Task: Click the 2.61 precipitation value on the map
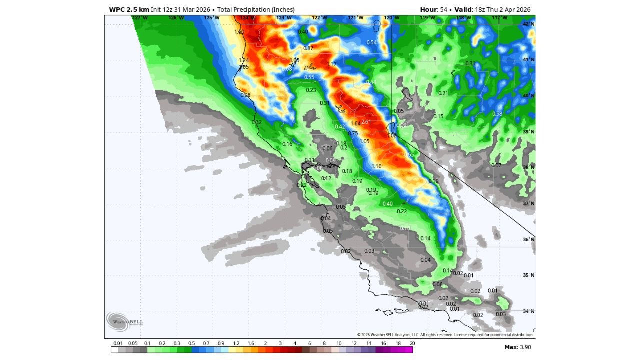(366, 122)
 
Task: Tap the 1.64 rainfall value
(355, 124)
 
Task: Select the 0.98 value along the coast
(245, 95)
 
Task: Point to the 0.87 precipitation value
(308, 48)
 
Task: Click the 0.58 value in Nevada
(497, 114)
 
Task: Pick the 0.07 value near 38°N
(496, 165)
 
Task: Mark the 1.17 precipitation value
(332, 64)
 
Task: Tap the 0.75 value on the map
(353, 133)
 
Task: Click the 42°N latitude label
(528, 24)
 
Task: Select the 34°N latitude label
(528, 311)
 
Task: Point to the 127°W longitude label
(140, 18)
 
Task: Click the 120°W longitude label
(391, 18)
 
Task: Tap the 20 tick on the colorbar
(412, 343)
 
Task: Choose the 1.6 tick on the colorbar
(250, 343)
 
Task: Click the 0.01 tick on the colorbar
(118, 343)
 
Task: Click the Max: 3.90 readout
(517, 347)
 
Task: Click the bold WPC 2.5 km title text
(129, 9)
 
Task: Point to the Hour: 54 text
(433, 9)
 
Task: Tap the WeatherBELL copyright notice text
(445, 335)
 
